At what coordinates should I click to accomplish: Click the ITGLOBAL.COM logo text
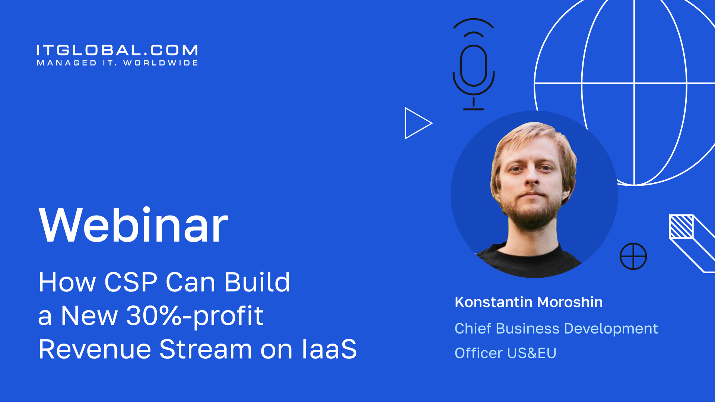click(117, 50)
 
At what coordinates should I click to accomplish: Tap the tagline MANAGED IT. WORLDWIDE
click(117, 63)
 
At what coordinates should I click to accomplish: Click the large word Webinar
click(133, 225)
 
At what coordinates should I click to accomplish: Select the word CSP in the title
click(131, 282)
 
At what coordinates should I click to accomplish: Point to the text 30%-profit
click(195, 316)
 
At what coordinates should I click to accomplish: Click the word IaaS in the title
click(329, 349)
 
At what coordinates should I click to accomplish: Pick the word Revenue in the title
click(95, 349)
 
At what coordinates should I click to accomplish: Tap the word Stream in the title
click(206, 349)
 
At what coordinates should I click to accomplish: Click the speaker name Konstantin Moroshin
click(528, 302)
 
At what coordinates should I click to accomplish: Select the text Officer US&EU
click(505, 353)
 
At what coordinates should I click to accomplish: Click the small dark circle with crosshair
click(633, 256)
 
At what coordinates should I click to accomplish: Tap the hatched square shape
click(681, 226)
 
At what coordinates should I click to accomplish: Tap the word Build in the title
click(257, 282)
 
